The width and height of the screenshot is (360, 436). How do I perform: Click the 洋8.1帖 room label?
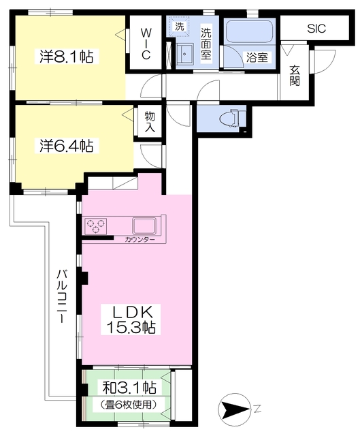[66, 57]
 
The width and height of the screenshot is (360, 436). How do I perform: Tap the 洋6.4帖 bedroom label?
[66, 145]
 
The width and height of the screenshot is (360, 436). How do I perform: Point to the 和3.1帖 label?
[129, 388]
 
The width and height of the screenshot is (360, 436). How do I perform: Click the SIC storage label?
[316, 29]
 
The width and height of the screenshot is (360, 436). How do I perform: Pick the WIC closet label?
[146, 44]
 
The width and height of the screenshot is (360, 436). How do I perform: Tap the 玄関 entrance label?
[295, 76]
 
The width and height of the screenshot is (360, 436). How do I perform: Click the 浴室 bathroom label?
[257, 57]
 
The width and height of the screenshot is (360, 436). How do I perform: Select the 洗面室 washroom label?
[206, 44]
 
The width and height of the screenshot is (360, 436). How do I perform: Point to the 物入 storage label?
[150, 122]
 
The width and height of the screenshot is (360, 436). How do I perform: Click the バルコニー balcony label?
[62, 296]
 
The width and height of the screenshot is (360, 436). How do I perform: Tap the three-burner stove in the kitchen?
[96, 225]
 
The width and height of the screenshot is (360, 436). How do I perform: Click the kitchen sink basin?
[144, 225]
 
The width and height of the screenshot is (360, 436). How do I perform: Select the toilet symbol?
[233, 118]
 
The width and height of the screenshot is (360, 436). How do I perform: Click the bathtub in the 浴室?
[249, 32]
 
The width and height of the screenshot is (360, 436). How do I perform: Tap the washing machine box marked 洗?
[180, 27]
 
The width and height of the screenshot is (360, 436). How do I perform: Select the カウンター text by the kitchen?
[140, 239]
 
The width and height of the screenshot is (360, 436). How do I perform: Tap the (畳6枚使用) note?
[129, 404]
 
